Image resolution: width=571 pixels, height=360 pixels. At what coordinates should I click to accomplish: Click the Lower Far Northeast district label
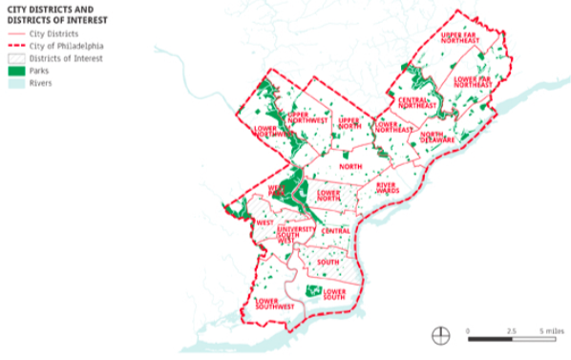click(x=473, y=82)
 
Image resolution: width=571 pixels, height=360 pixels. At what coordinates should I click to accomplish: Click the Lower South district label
click(x=334, y=293)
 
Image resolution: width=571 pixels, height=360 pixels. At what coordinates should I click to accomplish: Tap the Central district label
click(x=335, y=231)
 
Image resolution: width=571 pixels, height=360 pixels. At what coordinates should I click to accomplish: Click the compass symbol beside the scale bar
click(x=440, y=335)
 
